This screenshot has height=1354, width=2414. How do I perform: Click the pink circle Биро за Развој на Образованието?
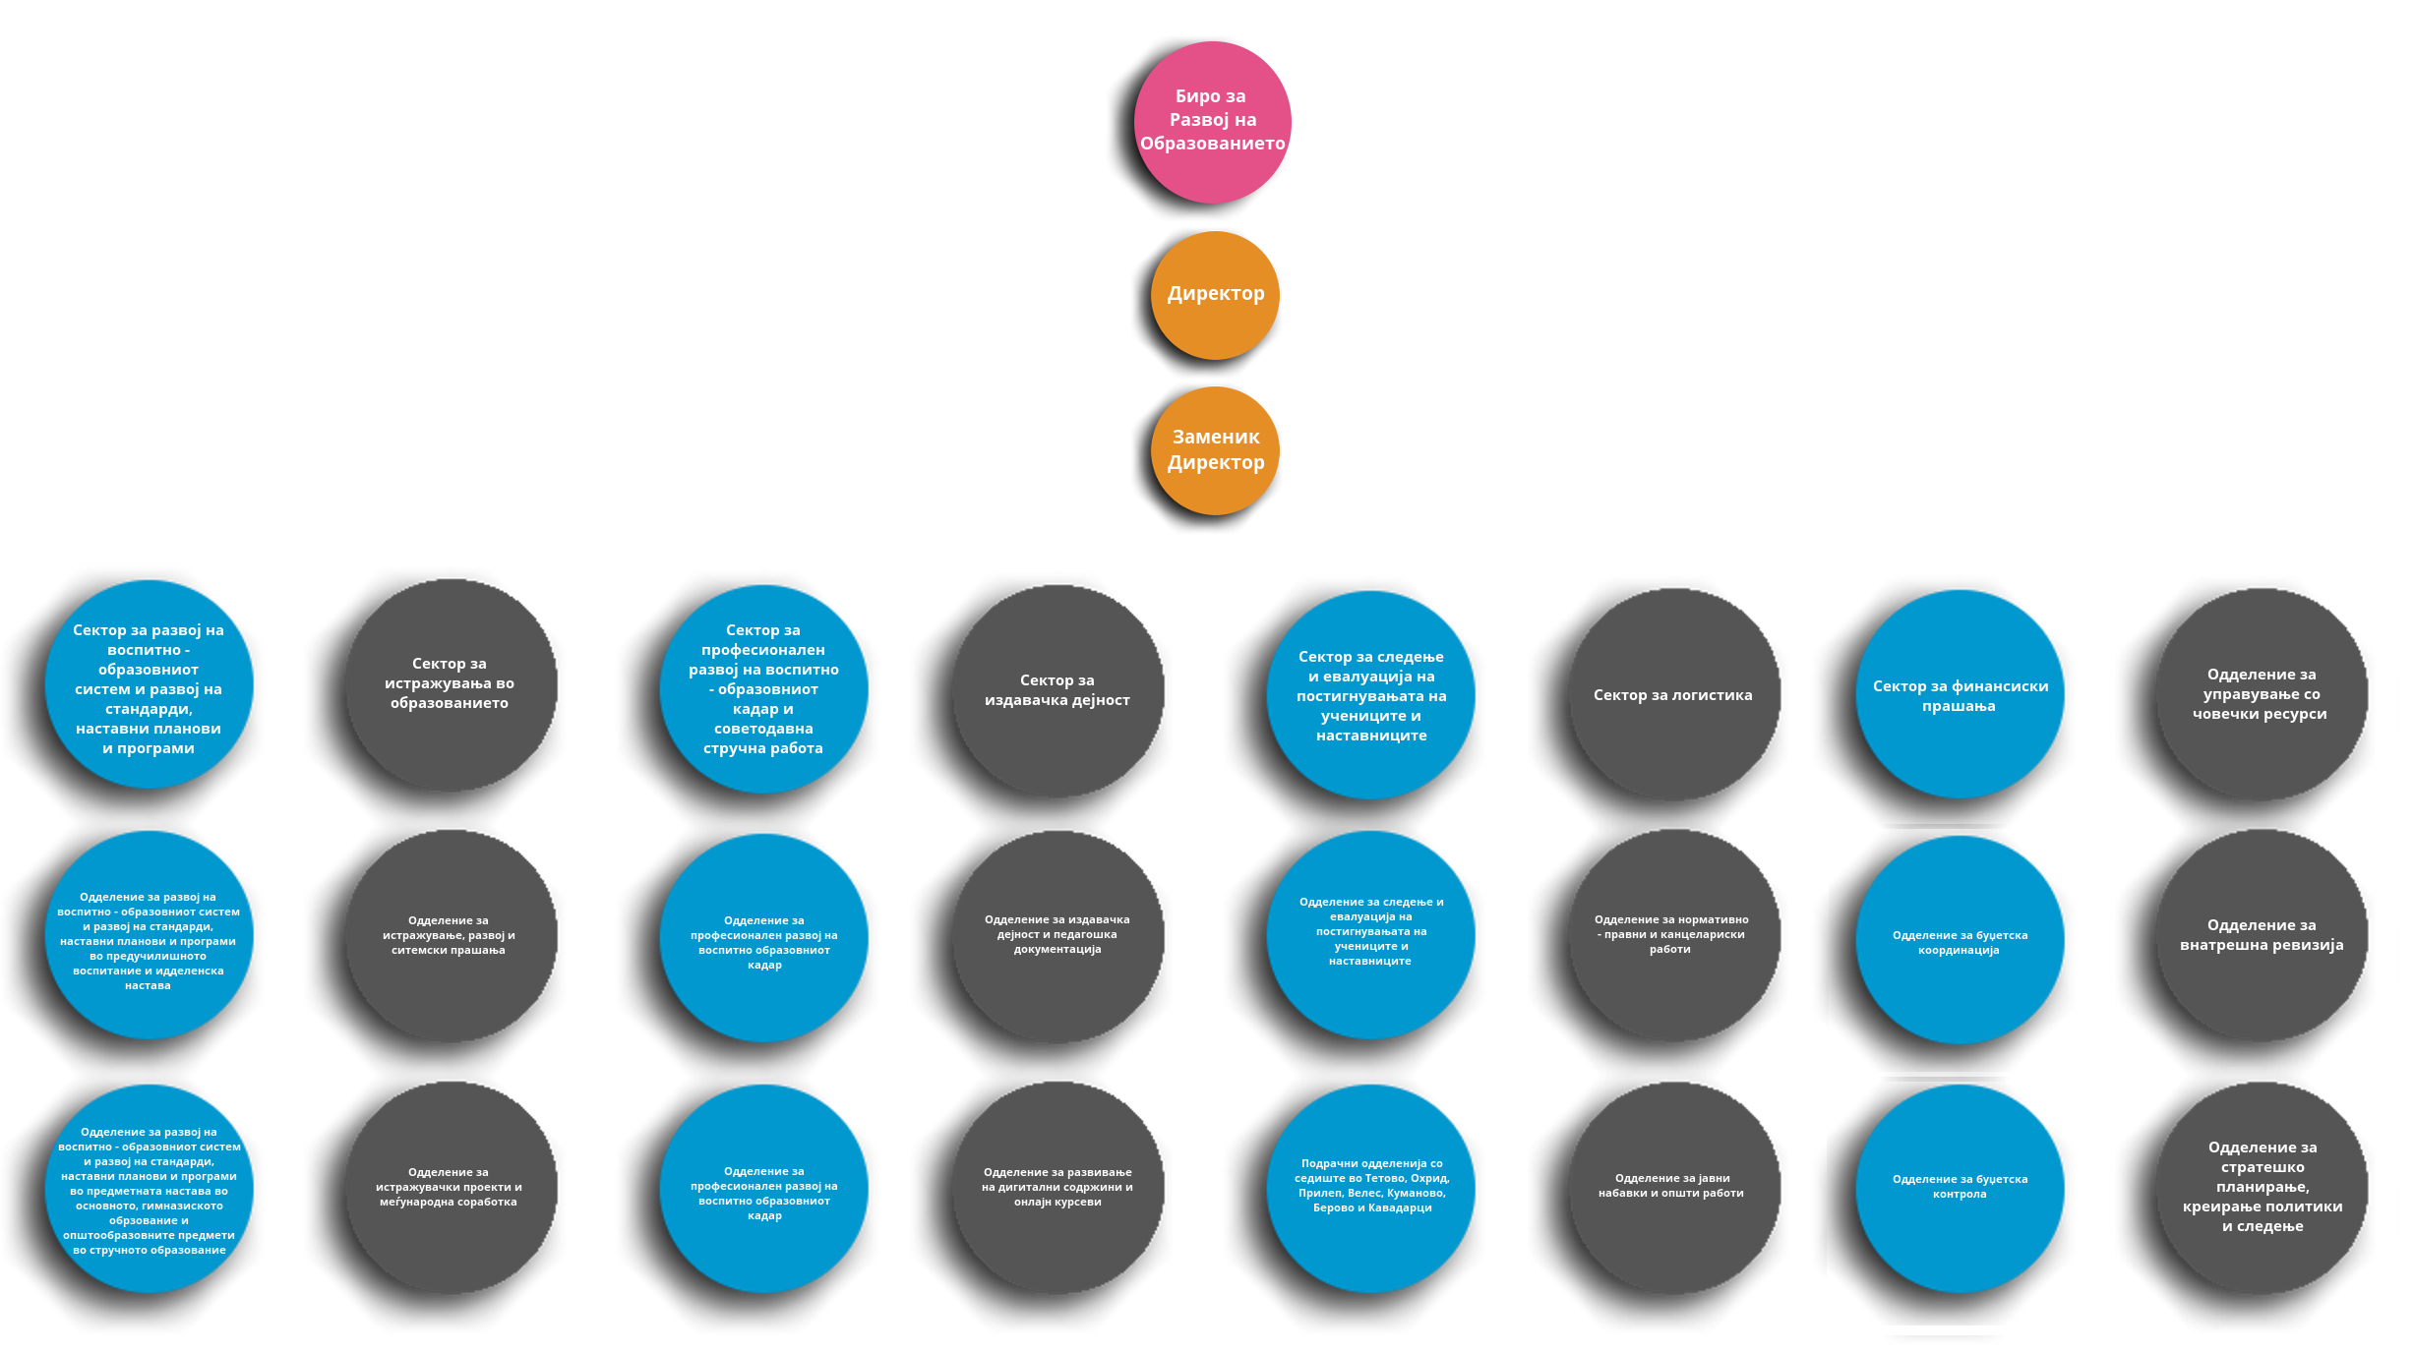click(x=1213, y=122)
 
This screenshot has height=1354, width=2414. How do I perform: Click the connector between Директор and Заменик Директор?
click(x=1214, y=374)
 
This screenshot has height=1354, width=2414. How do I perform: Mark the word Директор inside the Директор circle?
click(x=1216, y=293)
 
